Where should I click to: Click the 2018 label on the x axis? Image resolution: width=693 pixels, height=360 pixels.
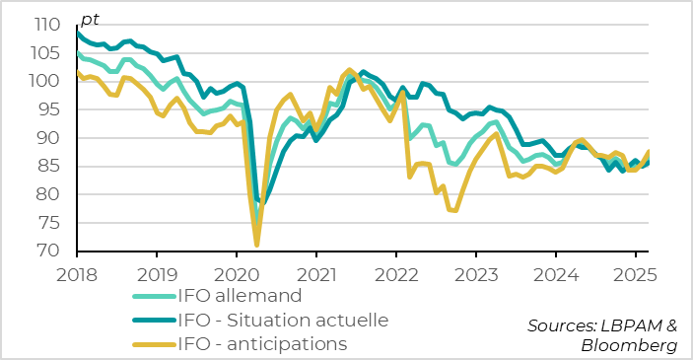[77, 272]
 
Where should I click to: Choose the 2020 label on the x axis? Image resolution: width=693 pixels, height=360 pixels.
[237, 272]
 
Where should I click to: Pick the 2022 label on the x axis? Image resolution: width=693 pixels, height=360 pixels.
[395, 272]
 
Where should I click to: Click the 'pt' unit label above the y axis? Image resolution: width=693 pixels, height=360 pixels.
[89, 20]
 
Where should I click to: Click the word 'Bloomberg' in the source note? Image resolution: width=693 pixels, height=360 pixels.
[629, 345]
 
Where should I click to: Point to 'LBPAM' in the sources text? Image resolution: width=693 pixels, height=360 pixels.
[627, 324]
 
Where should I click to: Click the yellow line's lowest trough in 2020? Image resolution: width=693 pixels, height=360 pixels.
[256, 245]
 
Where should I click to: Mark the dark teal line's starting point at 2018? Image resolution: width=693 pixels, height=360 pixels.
[77, 33]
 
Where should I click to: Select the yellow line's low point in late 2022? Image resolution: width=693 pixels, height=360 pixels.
[455, 210]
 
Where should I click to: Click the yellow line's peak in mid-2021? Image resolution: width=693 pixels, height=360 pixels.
[349, 69]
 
